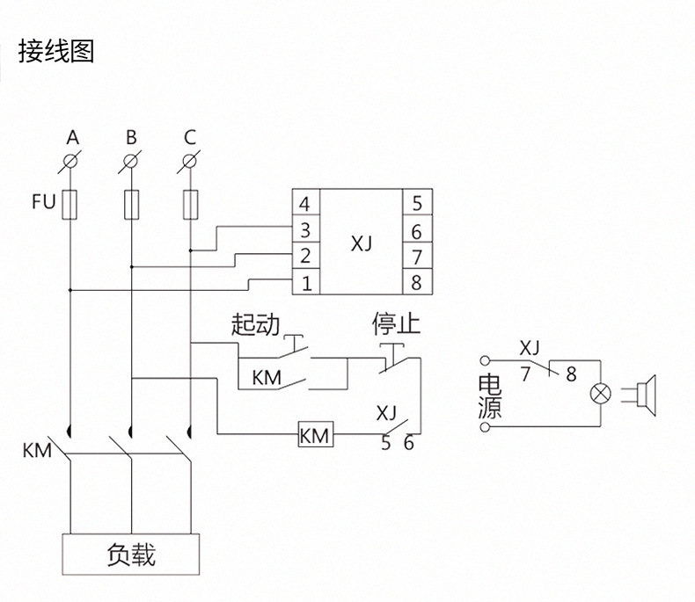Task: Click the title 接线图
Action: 55,52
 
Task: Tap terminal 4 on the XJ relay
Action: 304,205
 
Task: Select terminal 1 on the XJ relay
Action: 304,283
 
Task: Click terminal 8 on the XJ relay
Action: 416,283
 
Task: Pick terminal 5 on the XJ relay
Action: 416,205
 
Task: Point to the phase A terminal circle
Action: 72,163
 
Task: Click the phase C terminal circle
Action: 190,163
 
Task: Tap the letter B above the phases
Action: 131,138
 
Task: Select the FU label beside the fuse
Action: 44,203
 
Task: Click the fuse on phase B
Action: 131,204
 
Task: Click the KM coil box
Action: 315,434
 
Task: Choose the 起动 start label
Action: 254,326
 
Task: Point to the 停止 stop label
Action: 396,326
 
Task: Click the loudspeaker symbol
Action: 646,393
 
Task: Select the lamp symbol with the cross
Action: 602,393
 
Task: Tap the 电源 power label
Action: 488,397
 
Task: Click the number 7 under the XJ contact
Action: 525,374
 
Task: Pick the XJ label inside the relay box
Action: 361,243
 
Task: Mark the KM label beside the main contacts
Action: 37,452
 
